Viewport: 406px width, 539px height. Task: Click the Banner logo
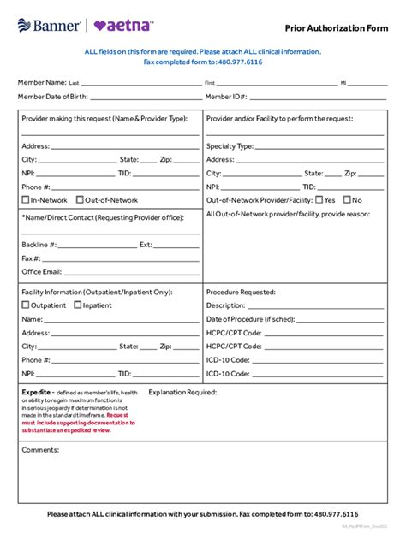tap(47, 25)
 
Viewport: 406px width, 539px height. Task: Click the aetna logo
tap(125, 25)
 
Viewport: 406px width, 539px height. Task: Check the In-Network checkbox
tap(26, 200)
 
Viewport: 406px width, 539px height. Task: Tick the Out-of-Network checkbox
tap(81, 200)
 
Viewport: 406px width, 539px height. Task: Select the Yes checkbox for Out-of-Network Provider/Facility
tap(319, 199)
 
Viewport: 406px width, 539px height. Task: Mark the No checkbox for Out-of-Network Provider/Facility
tap(348, 199)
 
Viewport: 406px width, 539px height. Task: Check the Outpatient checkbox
tap(26, 305)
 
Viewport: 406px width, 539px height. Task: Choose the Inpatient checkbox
tap(78, 305)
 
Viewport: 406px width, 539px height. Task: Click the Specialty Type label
tap(230, 145)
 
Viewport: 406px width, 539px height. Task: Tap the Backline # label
tap(39, 244)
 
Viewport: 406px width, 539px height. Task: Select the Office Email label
tap(41, 271)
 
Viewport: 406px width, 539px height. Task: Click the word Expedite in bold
tap(36, 392)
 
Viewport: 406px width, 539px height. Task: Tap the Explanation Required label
tap(182, 392)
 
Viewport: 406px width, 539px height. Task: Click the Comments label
tap(40, 449)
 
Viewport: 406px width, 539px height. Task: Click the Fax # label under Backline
tap(32, 258)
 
